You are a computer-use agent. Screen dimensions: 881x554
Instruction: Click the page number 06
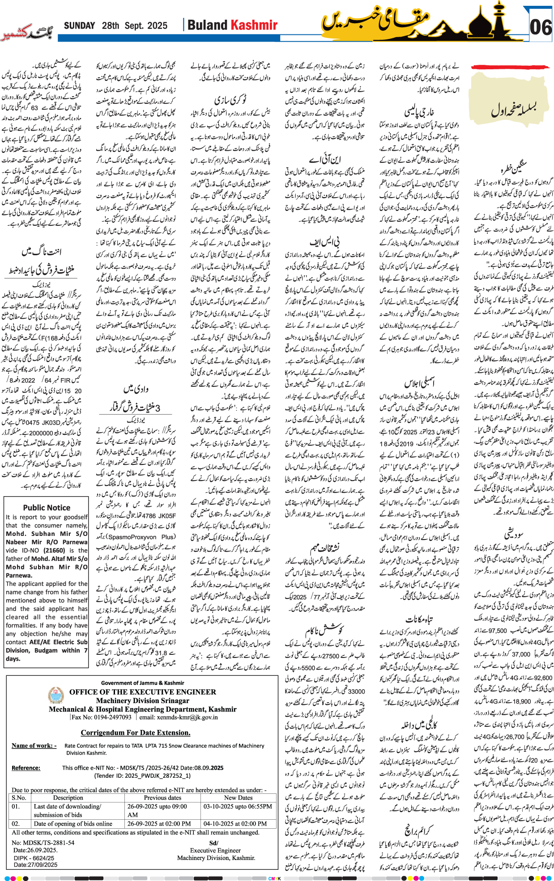(540, 28)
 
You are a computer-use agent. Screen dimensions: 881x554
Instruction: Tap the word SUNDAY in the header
(79, 26)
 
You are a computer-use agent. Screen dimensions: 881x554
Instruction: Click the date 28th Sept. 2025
(134, 26)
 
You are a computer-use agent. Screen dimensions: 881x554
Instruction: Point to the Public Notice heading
(47, 507)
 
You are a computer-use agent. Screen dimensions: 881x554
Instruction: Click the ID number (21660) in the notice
(54, 550)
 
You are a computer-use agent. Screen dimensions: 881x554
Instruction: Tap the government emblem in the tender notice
(56, 695)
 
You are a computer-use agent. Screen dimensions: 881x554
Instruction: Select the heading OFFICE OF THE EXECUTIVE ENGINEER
(142, 692)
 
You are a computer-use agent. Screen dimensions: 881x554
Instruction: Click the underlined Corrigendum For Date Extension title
(136, 733)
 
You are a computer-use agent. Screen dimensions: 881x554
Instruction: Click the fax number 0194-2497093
(112, 717)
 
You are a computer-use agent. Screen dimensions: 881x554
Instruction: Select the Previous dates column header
(162, 797)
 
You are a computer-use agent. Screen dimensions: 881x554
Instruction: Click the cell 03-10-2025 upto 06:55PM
(238, 806)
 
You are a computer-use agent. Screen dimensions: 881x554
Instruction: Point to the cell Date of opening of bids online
(73, 823)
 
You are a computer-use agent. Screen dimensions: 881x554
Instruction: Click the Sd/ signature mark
(213, 843)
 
